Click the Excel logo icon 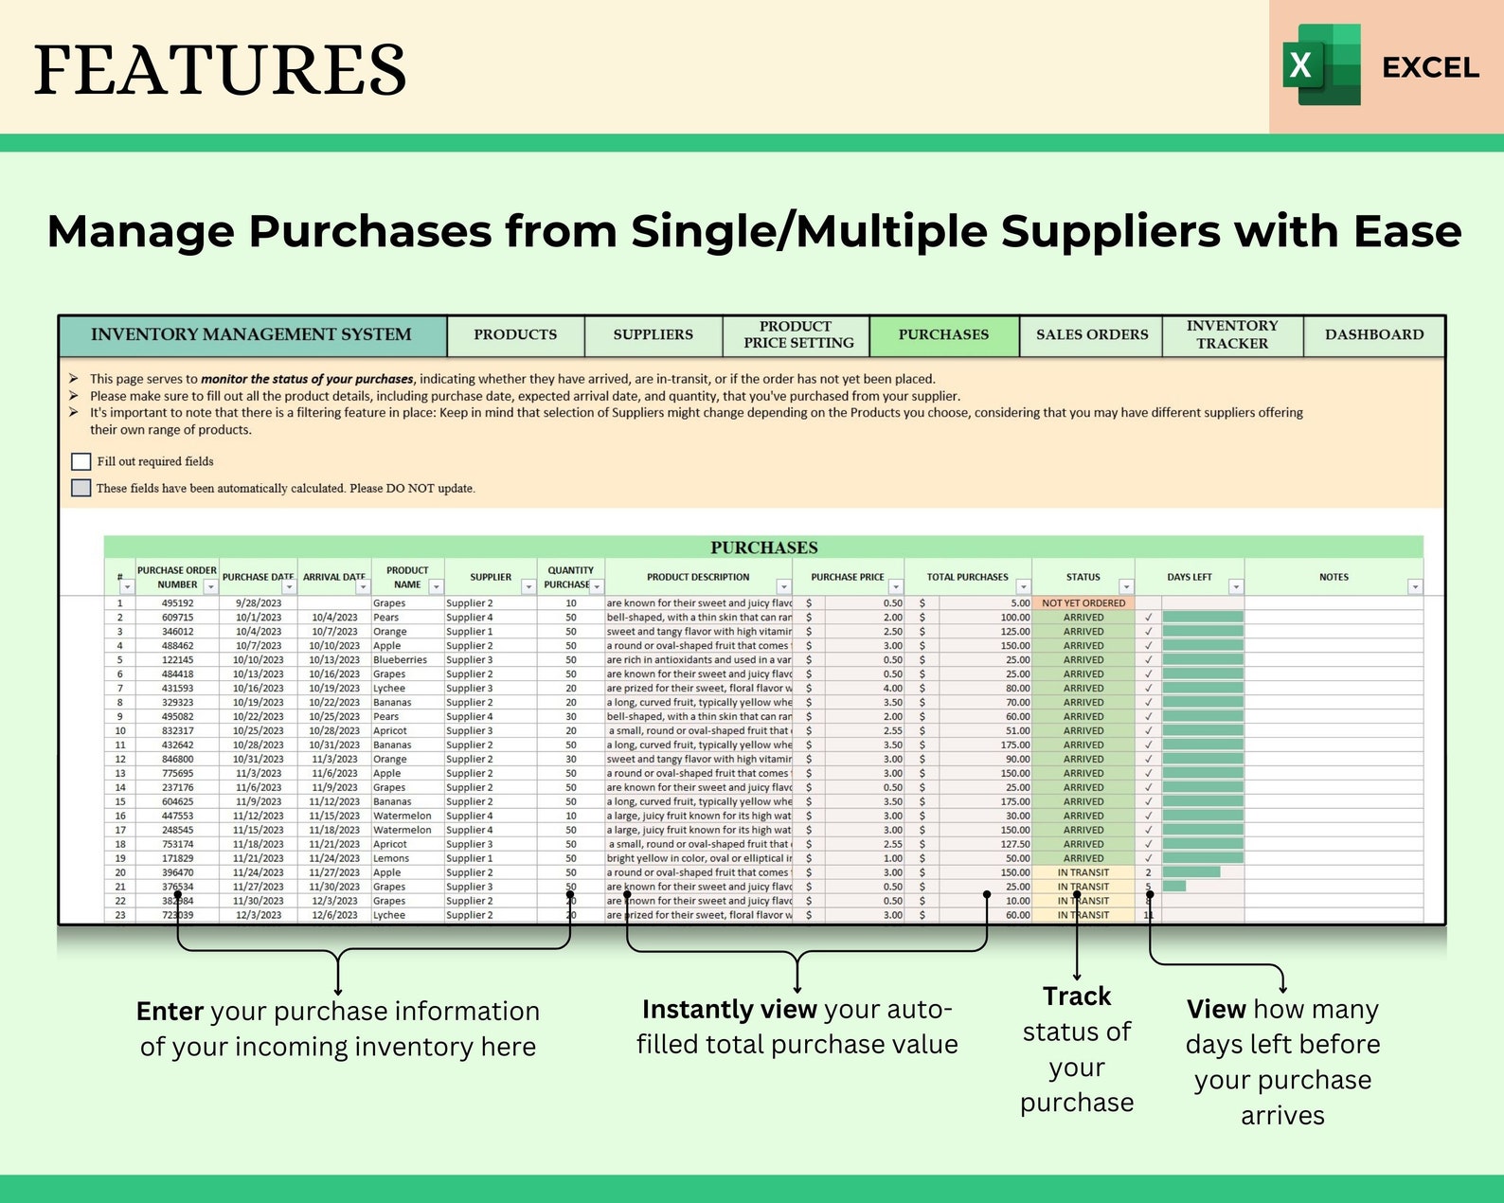(x=1321, y=64)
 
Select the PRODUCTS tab (x=515, y=335)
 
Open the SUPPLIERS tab (x=653, y=335)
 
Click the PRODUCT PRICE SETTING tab (x=797, y=335)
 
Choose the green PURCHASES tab (x=943, y=335)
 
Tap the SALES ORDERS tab (x=1091, y=335)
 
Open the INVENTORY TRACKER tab (x=1232, y=335)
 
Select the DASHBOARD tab (x=1373, y=335)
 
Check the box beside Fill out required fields (x=81, y=461)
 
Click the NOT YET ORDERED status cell (x=1083, y=603)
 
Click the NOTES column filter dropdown (x=1414, y=587)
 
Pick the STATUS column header (x=1083, y=577)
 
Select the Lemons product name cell (x=391, y=859)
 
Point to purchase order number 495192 (x=177, y=603)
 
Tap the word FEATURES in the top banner (x=220, y=70)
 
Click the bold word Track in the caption (x=1076, y=997)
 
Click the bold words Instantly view (x=729, y=1010)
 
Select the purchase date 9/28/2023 (x=259, y=603)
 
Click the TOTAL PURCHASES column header (x=967, y=577)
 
